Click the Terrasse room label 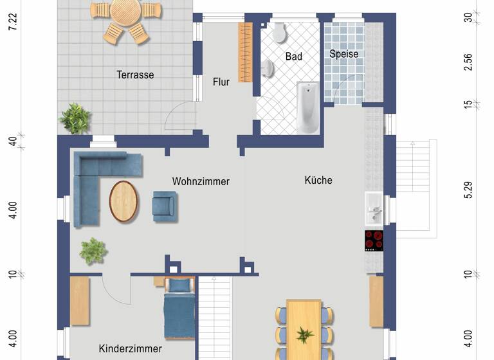(x=135, y=75)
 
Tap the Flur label (x=221, y=82)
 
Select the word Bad (x=294, y=57)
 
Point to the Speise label (x=343, y=54)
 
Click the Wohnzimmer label (x=201, y=181)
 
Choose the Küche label (x=318, y=180)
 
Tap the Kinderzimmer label (x=130, y=348)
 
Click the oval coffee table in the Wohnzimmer (x=123, y=200)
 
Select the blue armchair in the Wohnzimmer (x=163, y=206)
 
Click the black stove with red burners (x=374, y=240)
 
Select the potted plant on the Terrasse (x=76, y=118)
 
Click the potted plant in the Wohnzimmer (x=93, y=251)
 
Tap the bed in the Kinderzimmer (x=179, y=310)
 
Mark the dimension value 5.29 (x=468, y=190)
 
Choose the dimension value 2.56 (x=468, y=62)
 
